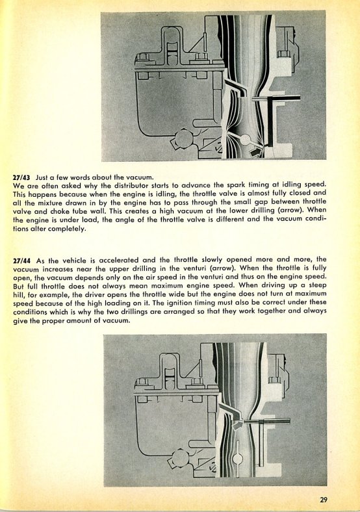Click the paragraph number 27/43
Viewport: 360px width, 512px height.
coord(21,177)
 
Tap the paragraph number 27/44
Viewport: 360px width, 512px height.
coord(21,261)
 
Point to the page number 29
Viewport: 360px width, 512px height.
coord(324,499)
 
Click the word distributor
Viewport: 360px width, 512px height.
coord(128,186)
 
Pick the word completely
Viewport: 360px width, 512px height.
coord(67,229)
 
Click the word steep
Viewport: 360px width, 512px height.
coord(318,285)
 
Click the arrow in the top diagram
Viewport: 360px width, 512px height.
coord(256,151)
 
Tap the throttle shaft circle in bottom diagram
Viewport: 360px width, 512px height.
coord(238,459)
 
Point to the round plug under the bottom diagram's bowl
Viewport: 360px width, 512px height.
coord(180,459)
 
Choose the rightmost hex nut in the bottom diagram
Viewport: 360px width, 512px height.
coord(273,379)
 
